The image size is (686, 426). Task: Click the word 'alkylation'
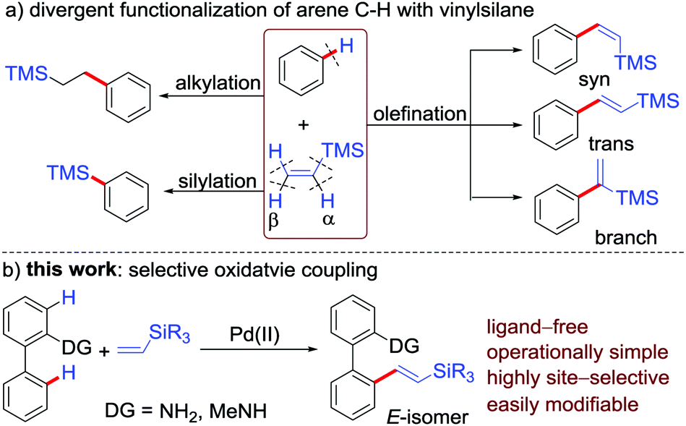218,83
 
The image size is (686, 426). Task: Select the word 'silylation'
217,181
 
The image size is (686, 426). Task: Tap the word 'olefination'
420,114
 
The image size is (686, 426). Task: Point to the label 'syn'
593,80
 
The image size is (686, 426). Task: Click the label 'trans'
611,143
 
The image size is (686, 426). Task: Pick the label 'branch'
625,237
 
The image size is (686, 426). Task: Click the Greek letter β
273,220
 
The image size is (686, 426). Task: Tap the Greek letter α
328,219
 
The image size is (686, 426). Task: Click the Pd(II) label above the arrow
254,335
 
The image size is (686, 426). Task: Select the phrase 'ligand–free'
538,327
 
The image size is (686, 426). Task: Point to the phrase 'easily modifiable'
563,404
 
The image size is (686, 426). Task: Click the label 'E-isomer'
427,416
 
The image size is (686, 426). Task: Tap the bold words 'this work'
72,270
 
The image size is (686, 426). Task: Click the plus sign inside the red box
303,125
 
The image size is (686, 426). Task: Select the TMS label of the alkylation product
26,73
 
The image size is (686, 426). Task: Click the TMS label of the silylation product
68,173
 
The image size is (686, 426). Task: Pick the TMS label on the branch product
637,197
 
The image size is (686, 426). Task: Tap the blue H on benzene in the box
347,45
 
